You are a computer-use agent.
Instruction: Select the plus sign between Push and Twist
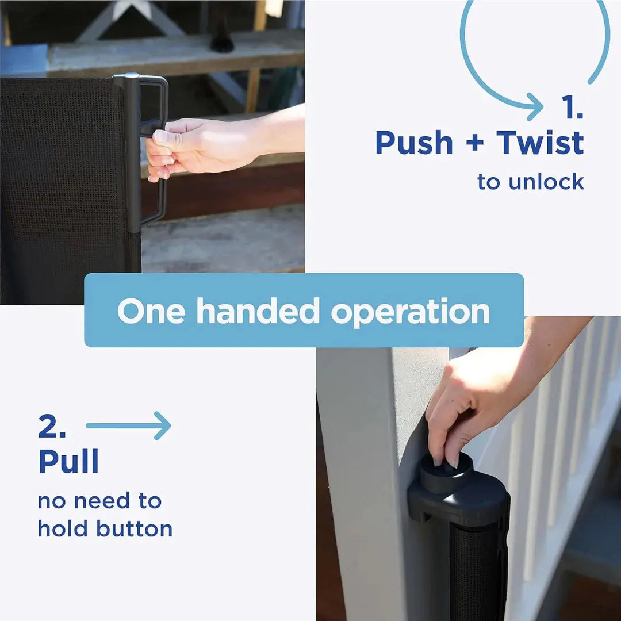[475, 143]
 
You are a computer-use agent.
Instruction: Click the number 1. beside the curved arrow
[573, 106]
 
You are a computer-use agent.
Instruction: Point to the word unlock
[547, 181]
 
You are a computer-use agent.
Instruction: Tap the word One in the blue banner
[151, 311]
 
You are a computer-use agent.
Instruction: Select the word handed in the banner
[258, 310]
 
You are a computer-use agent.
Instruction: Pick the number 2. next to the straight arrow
[52, 425]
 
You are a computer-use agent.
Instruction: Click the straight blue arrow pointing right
[129, 425]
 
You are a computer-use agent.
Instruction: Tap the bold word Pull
[68, 461]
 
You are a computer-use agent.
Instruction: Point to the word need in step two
[102, 501]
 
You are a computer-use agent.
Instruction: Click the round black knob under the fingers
[446, 472]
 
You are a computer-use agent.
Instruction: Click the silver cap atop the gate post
[126, 75]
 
